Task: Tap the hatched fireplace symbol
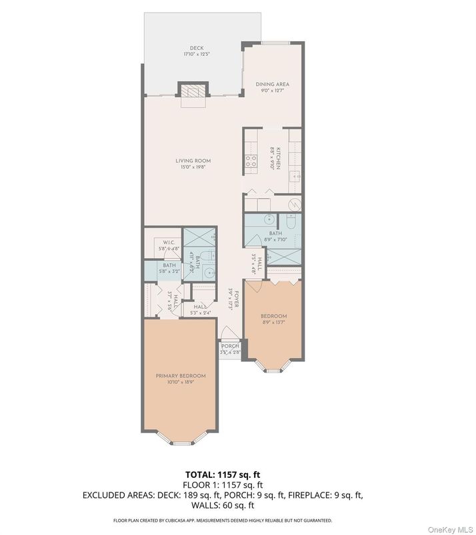(193, 91)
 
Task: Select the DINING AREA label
(273, 85)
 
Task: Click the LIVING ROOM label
(193, 160)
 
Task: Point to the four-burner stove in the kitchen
(252, 160)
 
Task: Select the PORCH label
(230, 346)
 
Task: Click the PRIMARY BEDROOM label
(181, 376)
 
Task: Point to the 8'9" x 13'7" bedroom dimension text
(273, 322)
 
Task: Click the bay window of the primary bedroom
(181, 440)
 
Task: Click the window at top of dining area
(273, 43)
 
